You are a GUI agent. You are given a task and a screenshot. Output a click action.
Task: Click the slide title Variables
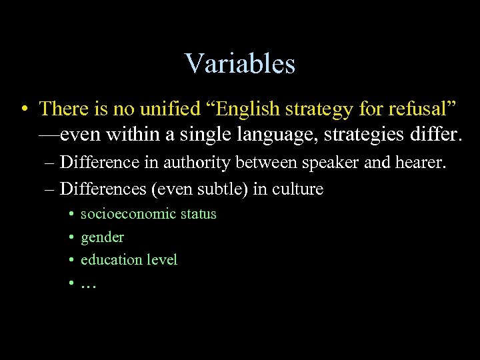tap(240, 64)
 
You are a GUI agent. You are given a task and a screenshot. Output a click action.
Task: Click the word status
tap(198, 214)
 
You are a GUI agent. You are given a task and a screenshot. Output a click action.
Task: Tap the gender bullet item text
tap(102, 237)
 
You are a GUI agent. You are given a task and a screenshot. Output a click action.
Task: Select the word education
tap(109, 259)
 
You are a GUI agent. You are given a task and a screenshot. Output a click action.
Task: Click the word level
tap(160, 259)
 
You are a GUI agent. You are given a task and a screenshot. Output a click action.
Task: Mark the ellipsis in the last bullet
tap(88, 283)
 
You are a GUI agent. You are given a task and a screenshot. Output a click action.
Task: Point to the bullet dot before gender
tap(70, 237)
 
